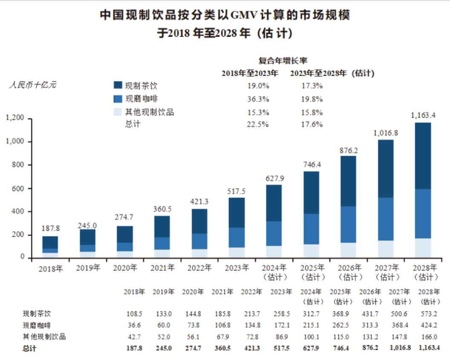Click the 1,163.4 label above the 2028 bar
pos(423,115)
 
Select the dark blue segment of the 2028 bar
pos(423,156)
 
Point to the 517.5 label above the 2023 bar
pos(237,190)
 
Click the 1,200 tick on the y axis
pos(15,119)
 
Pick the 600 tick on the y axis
pos(19,189)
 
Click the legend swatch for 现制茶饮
pos(118,85)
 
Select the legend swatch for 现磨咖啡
pos(118,99)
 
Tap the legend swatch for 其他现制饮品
pos(118,112)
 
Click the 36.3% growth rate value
pos(258,99)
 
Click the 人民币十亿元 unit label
pos(33,84)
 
